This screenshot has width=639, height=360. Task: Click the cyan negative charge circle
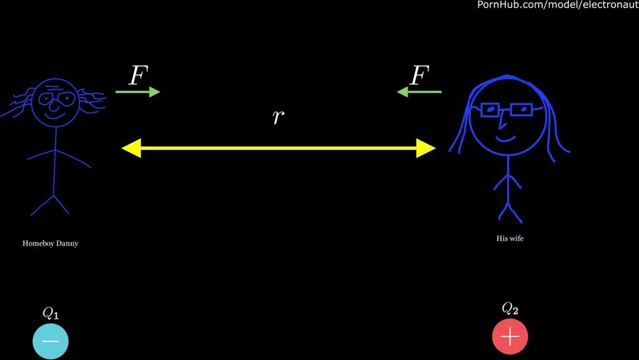click(x=51, y=341)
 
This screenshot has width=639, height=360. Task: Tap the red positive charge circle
click(x=510, y=337)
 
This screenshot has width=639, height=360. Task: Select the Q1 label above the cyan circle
click(x=51, y=313)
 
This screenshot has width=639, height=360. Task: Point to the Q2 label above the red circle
click(x=510, y=308)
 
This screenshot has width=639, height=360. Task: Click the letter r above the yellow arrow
click(x=279, y=116)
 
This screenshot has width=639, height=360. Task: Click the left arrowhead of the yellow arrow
click(x=131, y=148)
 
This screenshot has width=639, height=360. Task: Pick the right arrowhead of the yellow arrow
click(x=426, y=148)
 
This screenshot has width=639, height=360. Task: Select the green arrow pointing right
click(x=137, y=92)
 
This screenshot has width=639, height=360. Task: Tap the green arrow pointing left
click(x=419, y=92)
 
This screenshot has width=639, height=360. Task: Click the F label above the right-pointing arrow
click(x=138, y=76)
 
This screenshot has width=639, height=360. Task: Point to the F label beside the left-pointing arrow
click(x=419, y=76)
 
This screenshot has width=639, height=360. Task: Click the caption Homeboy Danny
click(x=51, y=243)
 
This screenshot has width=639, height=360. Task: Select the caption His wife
click(x=510, y=238)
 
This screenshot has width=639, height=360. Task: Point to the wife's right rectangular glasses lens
click(x=521, y=110)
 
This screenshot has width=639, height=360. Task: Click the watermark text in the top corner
click(x=558, y=5)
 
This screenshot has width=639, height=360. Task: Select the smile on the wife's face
click(x=505, y=136)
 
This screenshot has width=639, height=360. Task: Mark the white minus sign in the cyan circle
click(x=51, y=341)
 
